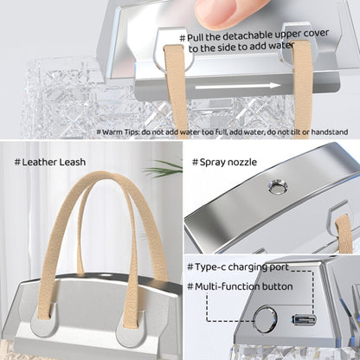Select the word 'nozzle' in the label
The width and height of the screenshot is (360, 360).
[x=244, y=162]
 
